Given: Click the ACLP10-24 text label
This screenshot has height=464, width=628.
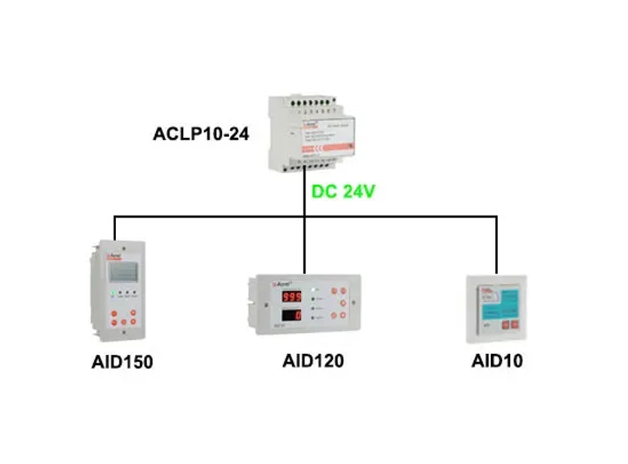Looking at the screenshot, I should (202, 134).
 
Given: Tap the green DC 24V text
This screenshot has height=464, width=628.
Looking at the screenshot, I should (344, 191).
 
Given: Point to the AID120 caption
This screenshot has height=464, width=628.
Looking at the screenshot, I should (313, 361).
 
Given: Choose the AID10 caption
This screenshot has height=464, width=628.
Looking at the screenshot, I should (497, 361).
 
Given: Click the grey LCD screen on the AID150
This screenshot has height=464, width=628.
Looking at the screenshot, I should (122, 272).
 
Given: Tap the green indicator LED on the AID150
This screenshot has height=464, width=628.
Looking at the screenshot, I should (113, 293).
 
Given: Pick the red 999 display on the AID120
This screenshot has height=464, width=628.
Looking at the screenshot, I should (291, 296).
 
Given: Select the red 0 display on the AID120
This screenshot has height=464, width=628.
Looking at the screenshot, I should (291, 315).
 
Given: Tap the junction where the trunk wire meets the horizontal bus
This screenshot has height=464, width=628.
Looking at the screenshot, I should (305, 217).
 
